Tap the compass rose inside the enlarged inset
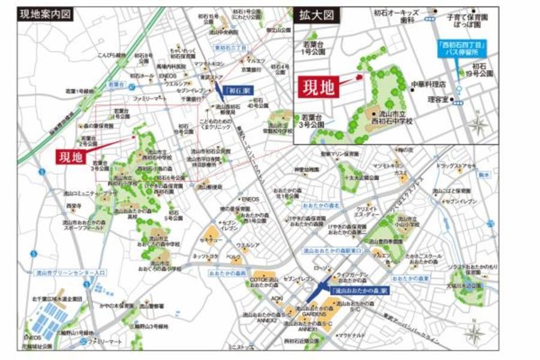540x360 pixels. [478, 125]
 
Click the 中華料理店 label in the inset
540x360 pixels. [427, 84]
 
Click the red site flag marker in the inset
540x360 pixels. [359, 77]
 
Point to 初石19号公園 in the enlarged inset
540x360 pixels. [482, 70]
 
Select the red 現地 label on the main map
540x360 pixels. [71, 157]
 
